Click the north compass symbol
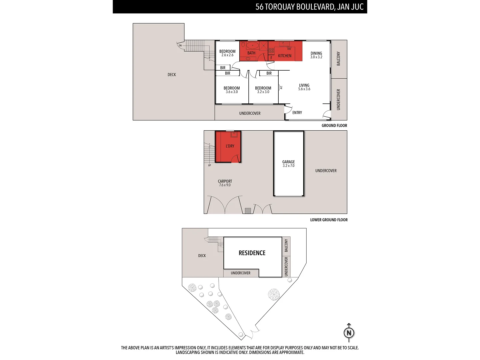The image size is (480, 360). (x=349, y=332)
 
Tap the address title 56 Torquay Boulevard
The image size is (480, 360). (x=309, y=7)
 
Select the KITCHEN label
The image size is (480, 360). (x=285, y=56)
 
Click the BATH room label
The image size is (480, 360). (x=251, y=53)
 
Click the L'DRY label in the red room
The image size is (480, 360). (x=230, y=146)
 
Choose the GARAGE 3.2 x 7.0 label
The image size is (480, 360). (x=289, y=164)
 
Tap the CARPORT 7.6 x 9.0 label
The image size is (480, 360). (x=225, y=183)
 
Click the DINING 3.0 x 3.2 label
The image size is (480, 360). (x=316, y=55)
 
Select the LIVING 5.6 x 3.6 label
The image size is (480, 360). (x=304, y=87)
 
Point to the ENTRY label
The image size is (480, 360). (x=297, y=113)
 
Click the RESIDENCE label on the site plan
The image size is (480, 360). (x=252, y=253)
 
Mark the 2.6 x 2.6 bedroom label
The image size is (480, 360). (x=227, y=53)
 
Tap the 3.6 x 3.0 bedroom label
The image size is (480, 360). (x=232, y=90)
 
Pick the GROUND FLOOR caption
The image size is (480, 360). (x=334, y=126)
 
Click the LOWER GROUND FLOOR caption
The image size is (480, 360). (x=329, y=220)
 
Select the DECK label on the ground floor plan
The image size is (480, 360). (x=172, y=75)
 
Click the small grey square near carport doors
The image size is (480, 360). (x=248, y=211)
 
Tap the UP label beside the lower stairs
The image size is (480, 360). (x=209, y=165)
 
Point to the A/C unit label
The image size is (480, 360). (x=281, y=87)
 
